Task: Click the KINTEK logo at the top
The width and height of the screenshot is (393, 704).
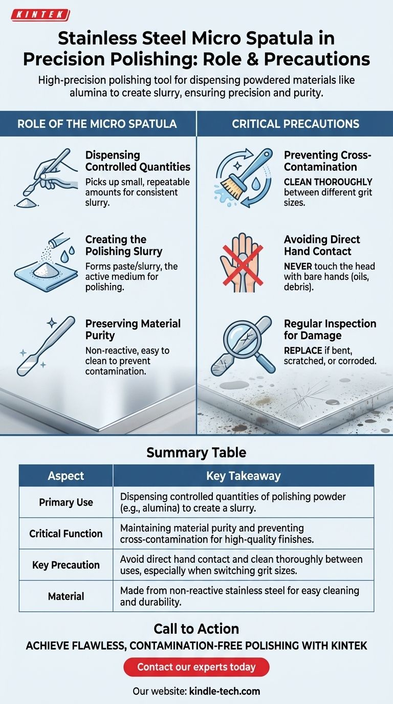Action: pyautogui.click(x=40, y=15)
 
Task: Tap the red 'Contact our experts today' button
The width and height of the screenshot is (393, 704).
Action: pyautogui.click(x=196, y=667)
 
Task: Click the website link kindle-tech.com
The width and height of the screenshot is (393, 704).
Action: pyautogui.click(x=225, y=691)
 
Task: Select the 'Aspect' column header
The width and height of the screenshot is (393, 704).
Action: pyautogui.click(x=65, y=475)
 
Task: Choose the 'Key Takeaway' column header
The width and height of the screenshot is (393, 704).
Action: pyautogui.click(x=244, y=475)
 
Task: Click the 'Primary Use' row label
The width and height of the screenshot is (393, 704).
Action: pyautogui.click(x=65, y=502)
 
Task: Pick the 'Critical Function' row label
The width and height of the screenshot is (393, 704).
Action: pyautogui.click(x=65, y=533)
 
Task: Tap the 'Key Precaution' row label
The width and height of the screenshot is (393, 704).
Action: pyautogui.click(x=65, y=565)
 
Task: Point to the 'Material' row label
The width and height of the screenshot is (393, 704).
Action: pyautogui.click(x=65, y=596)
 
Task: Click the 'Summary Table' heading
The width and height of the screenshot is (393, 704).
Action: pyautogui.click(x=196, y=453)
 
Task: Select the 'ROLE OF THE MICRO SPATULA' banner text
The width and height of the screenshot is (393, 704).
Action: pyautogui.click(x=97, y=124)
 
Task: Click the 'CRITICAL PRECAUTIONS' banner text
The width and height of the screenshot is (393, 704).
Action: pyautogui.click(x=296, y=124)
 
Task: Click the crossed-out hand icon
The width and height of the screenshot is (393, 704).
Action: pyautogui.click(x=242, y=262)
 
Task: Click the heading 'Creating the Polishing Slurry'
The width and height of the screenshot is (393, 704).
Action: pyautogui.click(x=124, y=245)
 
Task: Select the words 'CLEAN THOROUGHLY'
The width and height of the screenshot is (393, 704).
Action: pyautogui.click(x=328, y=182)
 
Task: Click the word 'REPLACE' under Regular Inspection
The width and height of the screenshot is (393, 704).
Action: pyautogui.click(x=303, y=350)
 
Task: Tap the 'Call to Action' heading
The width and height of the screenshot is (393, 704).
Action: pyautogui.click(x=196, y=628)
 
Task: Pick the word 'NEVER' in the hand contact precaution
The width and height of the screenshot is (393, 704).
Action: pyautogui.click(x=298, y=266)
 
